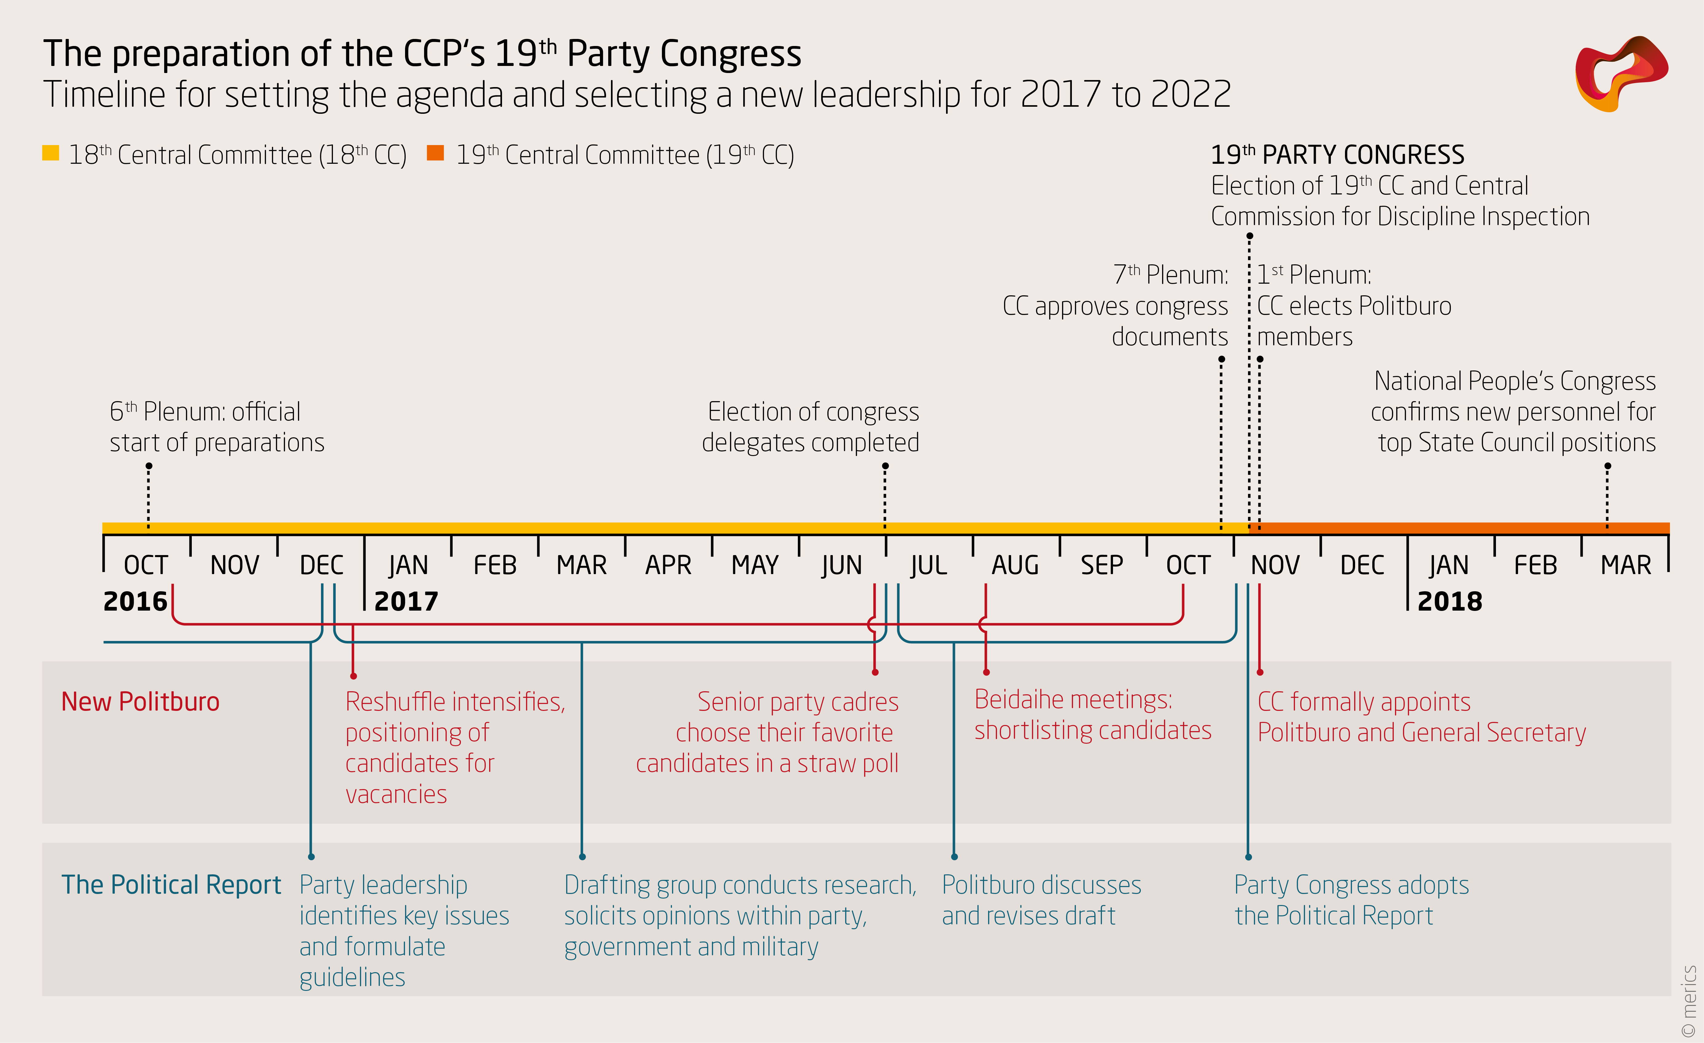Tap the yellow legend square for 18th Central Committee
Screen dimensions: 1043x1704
51,153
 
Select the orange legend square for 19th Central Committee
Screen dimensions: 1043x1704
435,153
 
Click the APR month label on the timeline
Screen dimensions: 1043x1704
668,566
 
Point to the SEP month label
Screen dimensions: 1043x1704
1102,566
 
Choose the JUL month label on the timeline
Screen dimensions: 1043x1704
928,566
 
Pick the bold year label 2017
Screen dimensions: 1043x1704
406,601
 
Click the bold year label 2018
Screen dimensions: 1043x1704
1450,601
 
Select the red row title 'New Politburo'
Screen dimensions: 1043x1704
140,702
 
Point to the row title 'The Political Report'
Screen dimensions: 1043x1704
171,885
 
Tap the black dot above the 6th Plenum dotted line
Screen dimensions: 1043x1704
149,466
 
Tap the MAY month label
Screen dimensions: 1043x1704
755,566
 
